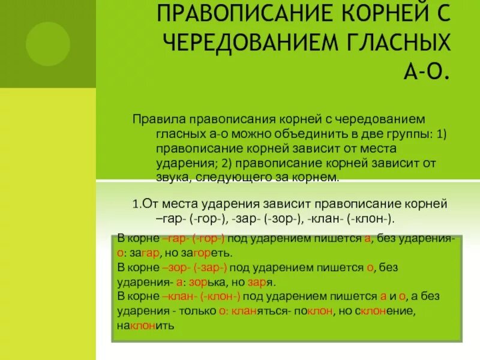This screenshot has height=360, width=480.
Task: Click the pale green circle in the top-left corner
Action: coord(47,44)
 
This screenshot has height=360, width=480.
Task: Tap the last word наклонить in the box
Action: coord(145,326)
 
